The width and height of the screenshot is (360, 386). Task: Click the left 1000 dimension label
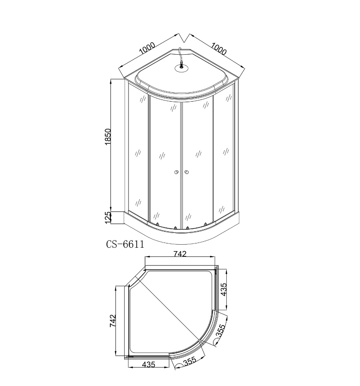click(147, 48)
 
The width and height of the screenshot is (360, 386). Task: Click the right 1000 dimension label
click(219, 49)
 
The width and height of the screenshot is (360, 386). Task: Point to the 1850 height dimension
click(108, 137)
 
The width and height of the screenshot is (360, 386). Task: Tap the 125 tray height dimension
click(108, 218)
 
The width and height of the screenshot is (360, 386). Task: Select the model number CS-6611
click(125, 244)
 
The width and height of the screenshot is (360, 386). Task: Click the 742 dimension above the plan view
click(180, 254)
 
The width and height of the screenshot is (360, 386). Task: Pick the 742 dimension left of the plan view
click(113, 321)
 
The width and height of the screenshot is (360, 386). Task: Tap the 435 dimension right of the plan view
click(223, 290)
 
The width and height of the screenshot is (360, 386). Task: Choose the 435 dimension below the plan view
click(149, 364)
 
